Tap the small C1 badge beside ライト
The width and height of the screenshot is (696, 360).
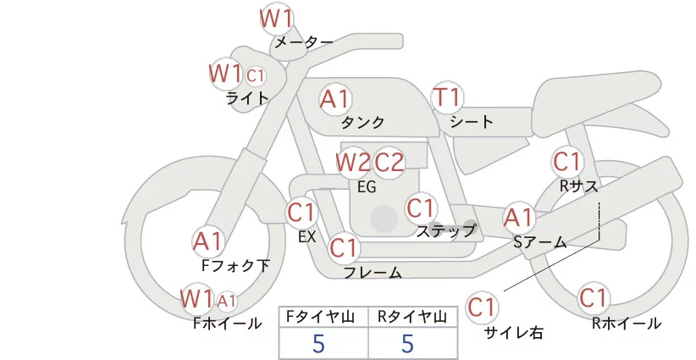(x=256, y=75)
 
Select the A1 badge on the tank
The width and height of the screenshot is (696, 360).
(x=334, y=99)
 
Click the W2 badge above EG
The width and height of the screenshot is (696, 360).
(x=352, y=161)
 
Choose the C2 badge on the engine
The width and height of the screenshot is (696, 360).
(x=389, y=161)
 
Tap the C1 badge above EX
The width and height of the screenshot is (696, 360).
(x=301, y=211)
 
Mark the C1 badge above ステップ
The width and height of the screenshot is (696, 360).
(x=421, y=208)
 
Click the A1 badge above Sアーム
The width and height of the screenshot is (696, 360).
(x=518, y=217)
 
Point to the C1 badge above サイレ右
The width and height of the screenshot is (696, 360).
(x=483, y=306)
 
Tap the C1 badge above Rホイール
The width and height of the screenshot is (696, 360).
(x=594, y=298)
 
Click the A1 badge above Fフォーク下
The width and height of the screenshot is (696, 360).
(x=207, y=241)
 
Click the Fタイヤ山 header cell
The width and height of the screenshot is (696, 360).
(x=323, y=317)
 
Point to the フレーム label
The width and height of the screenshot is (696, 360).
(x=373, y=273)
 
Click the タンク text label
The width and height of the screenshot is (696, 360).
(x=363, y=122)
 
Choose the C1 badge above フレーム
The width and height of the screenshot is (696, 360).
(x=344, y=248)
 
